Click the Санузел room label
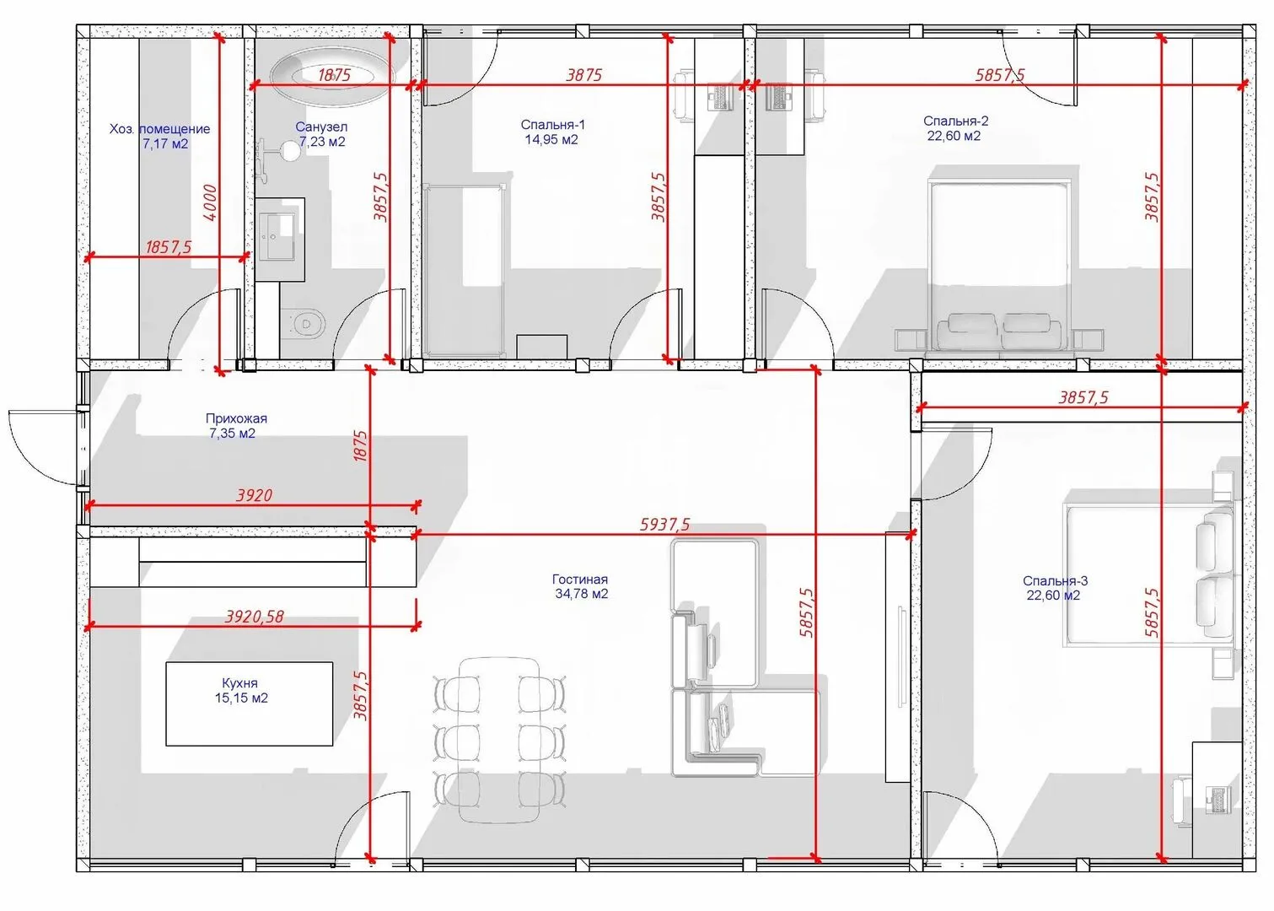click(321, 127)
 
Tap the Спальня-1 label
click(552, 125)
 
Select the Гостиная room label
click(579, 579)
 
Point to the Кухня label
click(239, 682)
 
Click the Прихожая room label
click(236, 418)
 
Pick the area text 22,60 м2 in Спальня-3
click(1053, 596)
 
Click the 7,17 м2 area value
click(165, 144)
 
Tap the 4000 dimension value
click(210, 202)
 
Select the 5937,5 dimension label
click(665, 524)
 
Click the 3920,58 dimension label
click(255, 617)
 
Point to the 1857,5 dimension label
click(169, 247)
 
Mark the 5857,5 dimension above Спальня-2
click(1001, 74)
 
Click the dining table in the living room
click(500, 741)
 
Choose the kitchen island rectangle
click(249, 703)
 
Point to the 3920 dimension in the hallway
click(255, 495)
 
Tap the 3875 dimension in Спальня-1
click(584, 74)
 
